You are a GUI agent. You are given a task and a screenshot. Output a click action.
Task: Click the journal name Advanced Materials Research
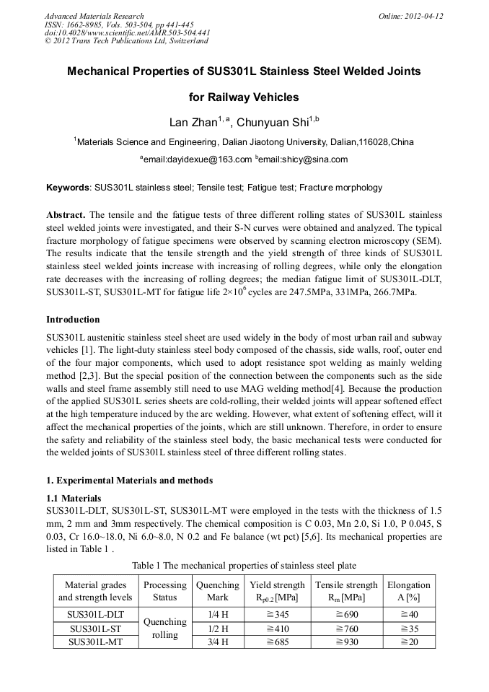94,16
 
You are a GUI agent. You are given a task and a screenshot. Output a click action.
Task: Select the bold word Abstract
66,216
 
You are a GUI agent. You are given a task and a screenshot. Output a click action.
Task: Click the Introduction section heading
73,319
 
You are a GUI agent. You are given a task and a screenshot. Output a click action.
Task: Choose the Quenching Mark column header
217,591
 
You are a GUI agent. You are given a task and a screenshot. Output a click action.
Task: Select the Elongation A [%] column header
408,591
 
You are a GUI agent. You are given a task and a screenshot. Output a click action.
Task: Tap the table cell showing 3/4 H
217,641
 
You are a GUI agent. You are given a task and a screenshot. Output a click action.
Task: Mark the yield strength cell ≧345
277,615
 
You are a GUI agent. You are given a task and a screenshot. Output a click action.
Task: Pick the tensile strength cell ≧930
346,641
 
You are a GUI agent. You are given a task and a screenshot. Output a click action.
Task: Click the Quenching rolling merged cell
164,628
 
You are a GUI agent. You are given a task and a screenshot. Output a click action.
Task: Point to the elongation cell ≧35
408,628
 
